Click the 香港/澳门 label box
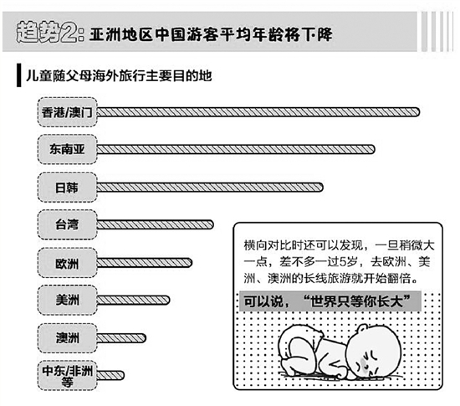67,112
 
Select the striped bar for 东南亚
236,149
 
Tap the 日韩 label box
67,188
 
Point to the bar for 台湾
155,225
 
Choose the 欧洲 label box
67,263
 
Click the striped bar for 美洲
133,300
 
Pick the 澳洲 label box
67,338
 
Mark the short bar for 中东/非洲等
110,375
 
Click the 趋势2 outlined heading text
50,33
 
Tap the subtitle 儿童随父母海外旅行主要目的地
119,76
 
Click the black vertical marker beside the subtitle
18,75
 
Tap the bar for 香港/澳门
258,112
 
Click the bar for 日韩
210,188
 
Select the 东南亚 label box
67,149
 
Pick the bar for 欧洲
145,263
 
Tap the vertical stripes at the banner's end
437,32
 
